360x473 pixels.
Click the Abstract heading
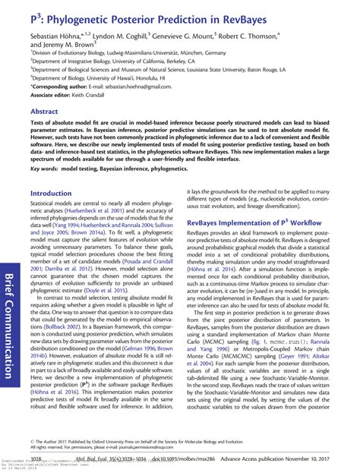tap(44, 111)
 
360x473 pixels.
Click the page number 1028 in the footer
tap(34, 458)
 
